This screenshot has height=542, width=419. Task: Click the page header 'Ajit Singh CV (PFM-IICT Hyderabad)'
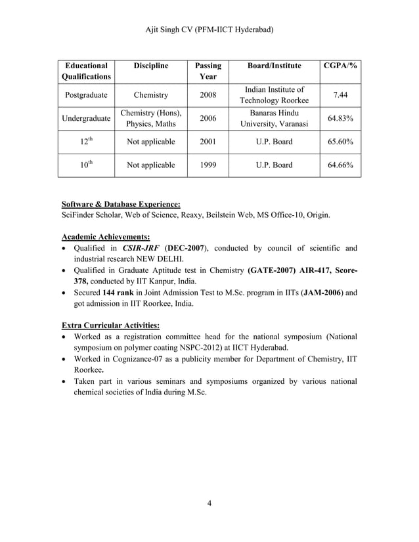tap(209, 30)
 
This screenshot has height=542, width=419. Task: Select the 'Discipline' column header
tap(150, 66)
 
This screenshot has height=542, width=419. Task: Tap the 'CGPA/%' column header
tap(340, 66)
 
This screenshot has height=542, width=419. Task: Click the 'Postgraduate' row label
tap(86, 96)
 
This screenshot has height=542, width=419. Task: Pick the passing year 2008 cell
tap(208, 96)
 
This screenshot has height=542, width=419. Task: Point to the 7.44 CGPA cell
tap(340, 96)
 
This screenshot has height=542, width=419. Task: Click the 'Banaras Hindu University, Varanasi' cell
tap(274, 119)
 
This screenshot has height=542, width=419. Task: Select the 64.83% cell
tap(340, 119)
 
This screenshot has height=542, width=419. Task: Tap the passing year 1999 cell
tap(208, 165)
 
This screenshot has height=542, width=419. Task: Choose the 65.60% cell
tap(340, 141)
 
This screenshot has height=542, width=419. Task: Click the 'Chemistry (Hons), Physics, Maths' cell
tap(150, 119)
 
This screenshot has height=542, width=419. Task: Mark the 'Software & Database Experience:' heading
tap(120, 204)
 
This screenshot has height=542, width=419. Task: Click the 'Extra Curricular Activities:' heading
tap(110, 325)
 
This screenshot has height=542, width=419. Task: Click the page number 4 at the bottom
tap(209, 503)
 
